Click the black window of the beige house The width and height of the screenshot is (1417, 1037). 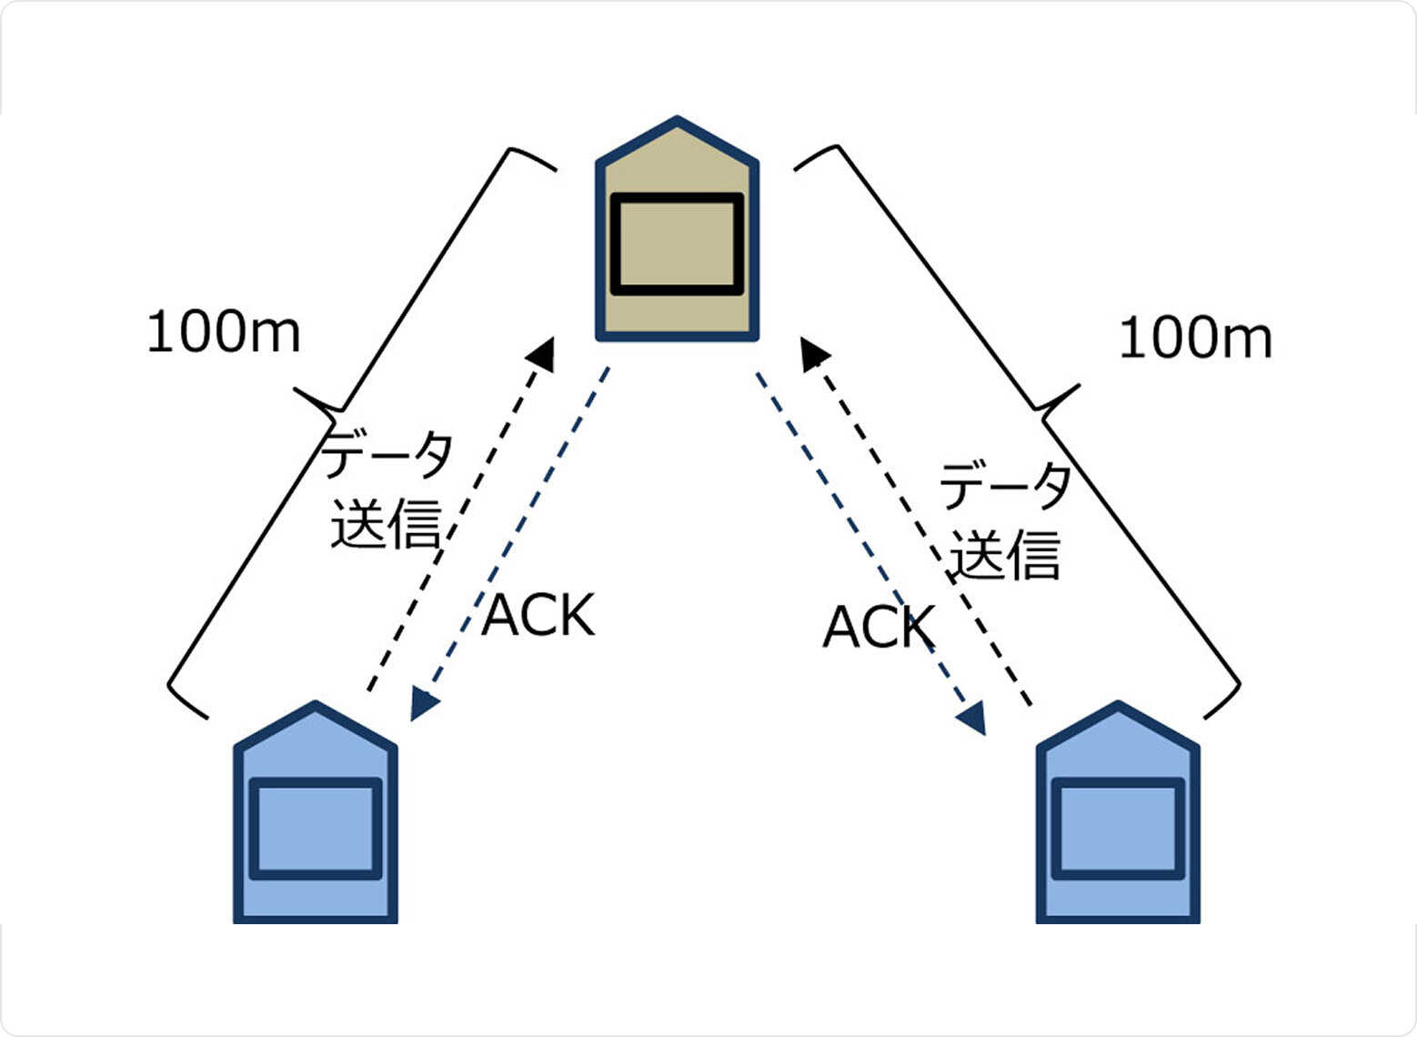[x=677, y=244]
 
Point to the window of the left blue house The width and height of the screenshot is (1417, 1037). [x=316, y=829]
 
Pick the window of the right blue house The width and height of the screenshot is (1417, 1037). [x=1118, y=829]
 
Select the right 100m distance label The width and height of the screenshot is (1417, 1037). [x=1195, y=339]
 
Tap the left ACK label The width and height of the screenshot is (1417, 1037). [x=538, y=616]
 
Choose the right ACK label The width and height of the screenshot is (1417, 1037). [x=879, y=627]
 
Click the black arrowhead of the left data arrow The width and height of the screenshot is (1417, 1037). [x=543, y=354]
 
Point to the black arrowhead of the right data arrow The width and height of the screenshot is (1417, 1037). [x=813, y=354]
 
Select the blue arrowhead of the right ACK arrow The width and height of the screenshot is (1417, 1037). [x=972, y=718]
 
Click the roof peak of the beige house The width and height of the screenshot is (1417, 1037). [x=677, y=120]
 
